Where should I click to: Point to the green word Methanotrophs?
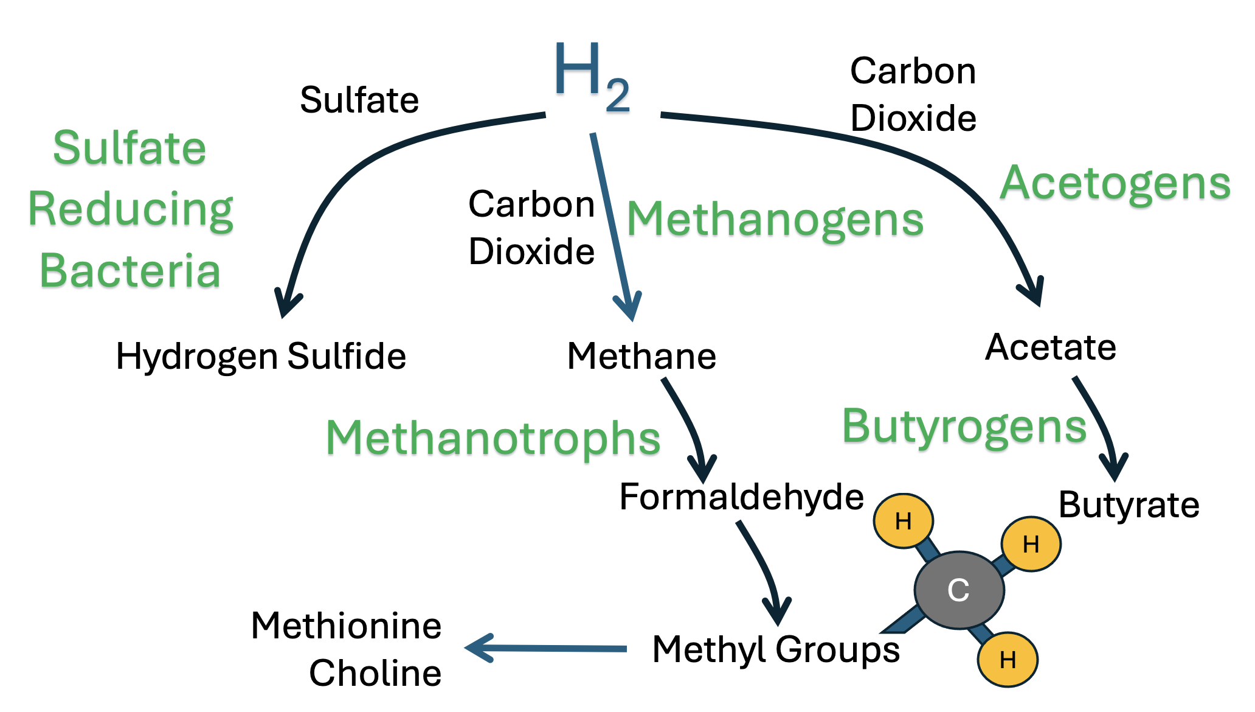pyautogui.click(x=493, y=438)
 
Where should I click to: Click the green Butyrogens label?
pyautogui.click(x=964, y=427)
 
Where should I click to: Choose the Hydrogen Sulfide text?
pyautogui.click(x=261, y=356)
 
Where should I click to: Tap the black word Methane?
pyautogui.click(x=641, y=356)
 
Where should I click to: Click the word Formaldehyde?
pyautogui.click(x=741, y=497)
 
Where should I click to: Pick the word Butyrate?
pyautogui.click(x=1129, y=504)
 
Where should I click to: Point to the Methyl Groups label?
pyautogui.click(x=776, y=649)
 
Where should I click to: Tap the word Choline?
pyautogui.click(x=375, y=673)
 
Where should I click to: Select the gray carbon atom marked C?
pyautogui.click(x=959, y=590)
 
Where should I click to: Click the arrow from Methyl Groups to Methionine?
pyautogui.click(x=547, y=648)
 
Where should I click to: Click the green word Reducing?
pyautogui.click(x=131, y=209)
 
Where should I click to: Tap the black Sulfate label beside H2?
pyautogui.click(x=359, y=100)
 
